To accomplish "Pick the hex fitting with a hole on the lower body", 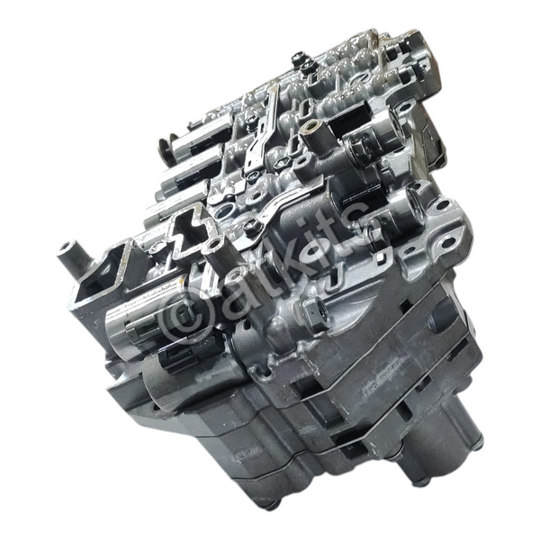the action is (x=312, y=308).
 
